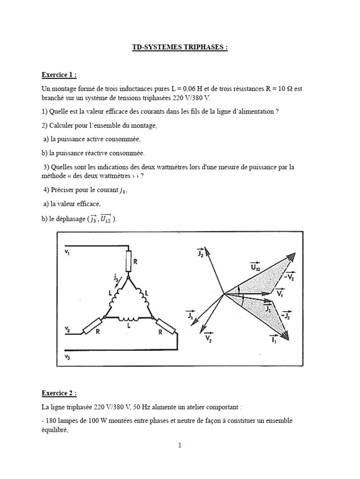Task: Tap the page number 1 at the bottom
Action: [x=179, y=445]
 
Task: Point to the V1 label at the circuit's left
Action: [x=67, y=253]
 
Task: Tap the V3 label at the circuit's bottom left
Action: [x=67, y=357]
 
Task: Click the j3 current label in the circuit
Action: [x=115, y=279]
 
